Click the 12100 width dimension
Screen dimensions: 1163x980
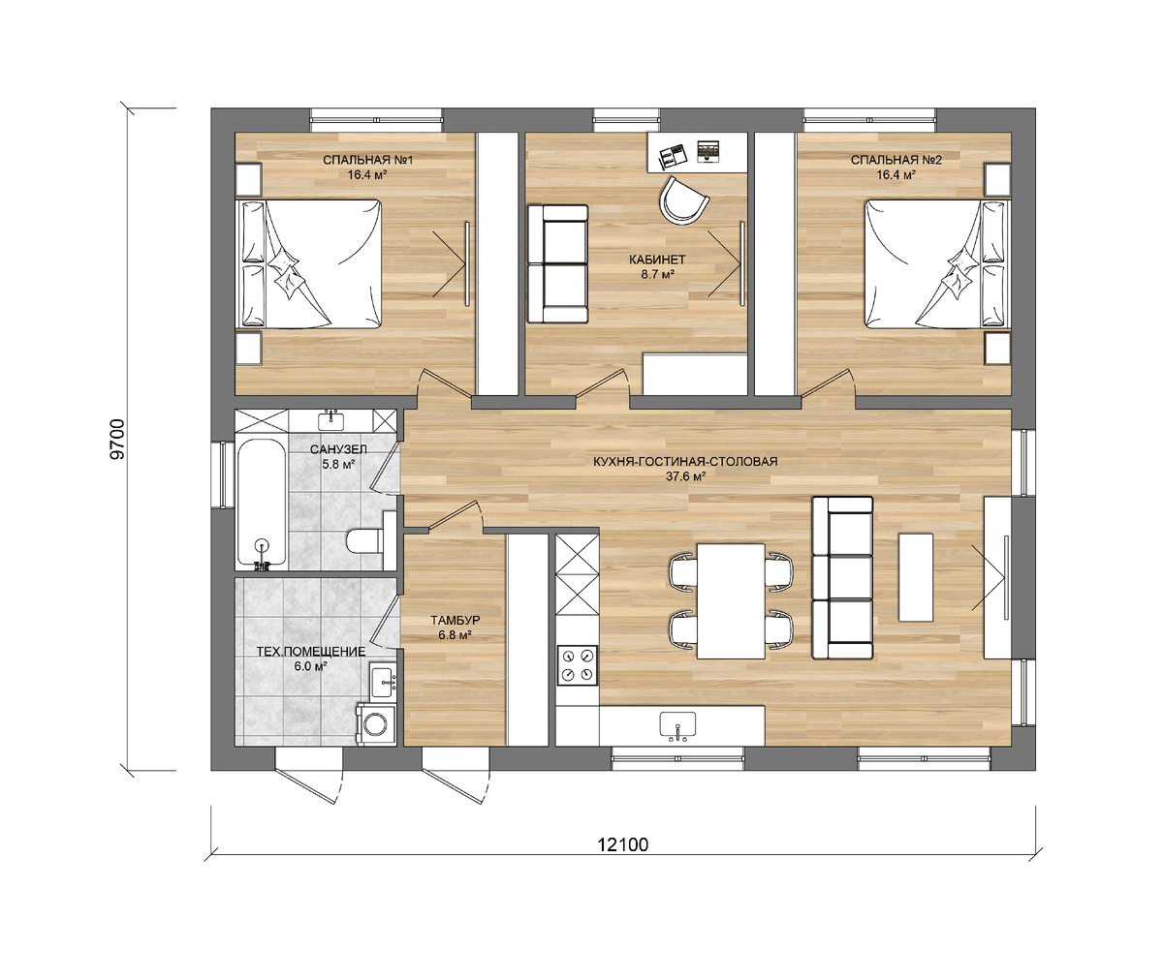[x=623, y=844]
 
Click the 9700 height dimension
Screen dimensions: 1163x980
[x=118, y=439]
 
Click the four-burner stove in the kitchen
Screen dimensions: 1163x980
[x=577, y=665]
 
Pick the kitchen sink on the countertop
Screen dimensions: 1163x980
[x=677, y=726]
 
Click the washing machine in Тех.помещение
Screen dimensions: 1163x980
[x=376, y=724]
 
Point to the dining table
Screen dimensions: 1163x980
[x=731, y=601]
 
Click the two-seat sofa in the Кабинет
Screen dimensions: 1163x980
[x=557, y=263]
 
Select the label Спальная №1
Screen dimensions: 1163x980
[x=367, y=161]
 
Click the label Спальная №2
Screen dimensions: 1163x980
[x=896, y=161]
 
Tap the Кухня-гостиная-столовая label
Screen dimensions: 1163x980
[x=685, y=461]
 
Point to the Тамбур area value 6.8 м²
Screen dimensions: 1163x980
[x=456, y=635]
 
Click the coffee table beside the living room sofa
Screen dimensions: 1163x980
[x=916, y=578]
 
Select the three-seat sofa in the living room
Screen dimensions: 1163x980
[x=842, y=578]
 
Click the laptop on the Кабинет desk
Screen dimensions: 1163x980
[x=708, y=151]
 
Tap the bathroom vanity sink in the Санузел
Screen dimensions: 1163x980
[x=330, y=419]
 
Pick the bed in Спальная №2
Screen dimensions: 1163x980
[x=937, y=263]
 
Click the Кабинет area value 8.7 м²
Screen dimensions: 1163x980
[x=658, y=274]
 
